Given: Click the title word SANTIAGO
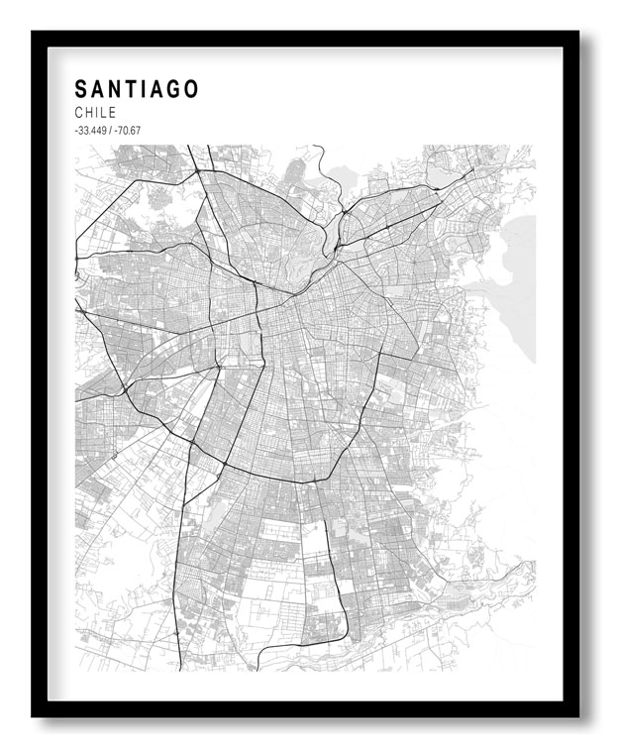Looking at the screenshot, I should tap(137, 89).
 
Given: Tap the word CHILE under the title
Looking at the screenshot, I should tap(95, 113).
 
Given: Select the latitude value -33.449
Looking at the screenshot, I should tap(91, 131).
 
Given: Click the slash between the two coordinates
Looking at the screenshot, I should tap(111, 131).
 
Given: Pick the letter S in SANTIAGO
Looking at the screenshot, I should tap(80, 89).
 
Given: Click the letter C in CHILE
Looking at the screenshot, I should tap(78, 113).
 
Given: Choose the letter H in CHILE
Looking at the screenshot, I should tap(88, 113).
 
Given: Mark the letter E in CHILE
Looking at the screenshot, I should tap(112, 113).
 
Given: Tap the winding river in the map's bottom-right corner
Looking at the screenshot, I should tap(495, 585).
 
